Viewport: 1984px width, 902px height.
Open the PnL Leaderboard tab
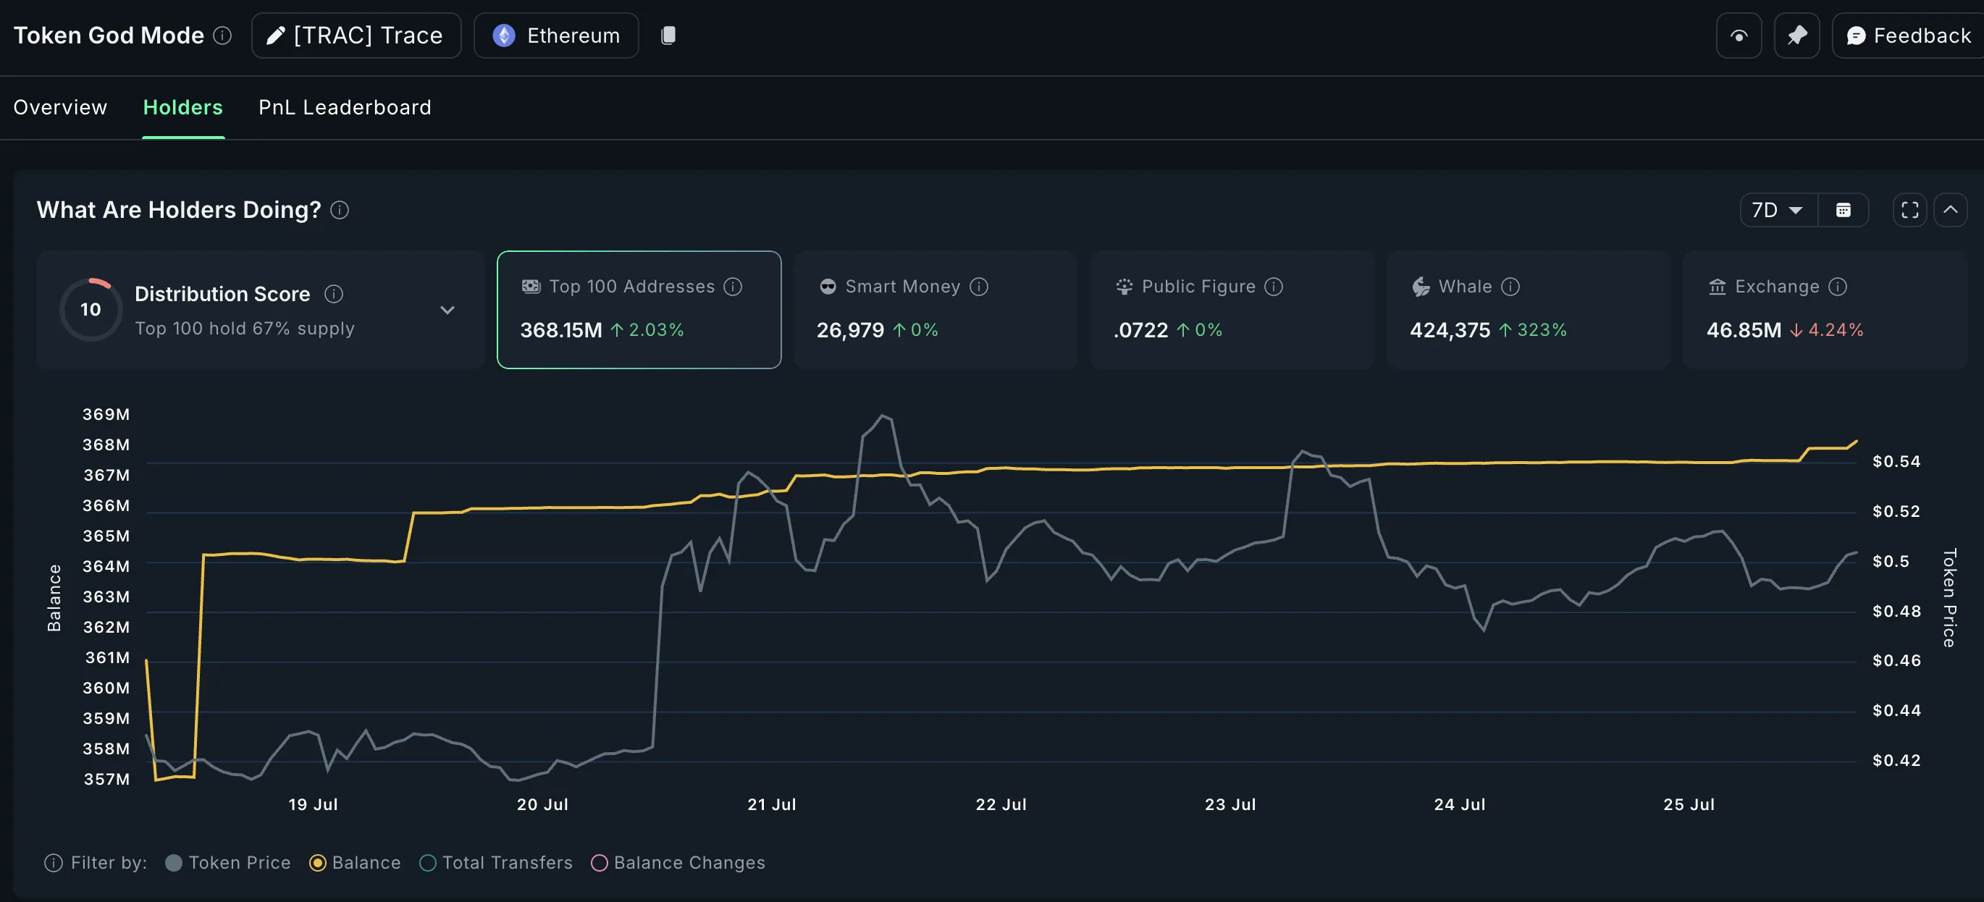[x=344, y=107]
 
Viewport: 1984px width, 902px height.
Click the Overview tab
[x=60, y=107]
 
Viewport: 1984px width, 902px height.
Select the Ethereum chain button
[x=556, y=35]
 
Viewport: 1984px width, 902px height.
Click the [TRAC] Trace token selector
[x=356, y=35]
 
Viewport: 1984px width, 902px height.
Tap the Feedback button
[x=1909, y=35]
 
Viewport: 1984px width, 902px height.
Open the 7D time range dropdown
[x=1777, y=210]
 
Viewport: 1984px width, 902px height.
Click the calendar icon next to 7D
[x=1843, y=210]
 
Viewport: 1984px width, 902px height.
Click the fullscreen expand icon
[x=1909, y=210]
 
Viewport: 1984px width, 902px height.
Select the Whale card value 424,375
[x=1450, y=330]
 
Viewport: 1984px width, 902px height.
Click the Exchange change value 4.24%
[x=1836, y=330]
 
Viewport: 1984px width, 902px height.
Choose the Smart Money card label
[x=902, y=287]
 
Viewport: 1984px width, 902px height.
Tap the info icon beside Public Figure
[x=1274, y=287]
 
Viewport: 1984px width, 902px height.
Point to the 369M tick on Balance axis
[x=106, y=414]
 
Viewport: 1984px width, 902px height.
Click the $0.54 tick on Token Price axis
[x=1896, y=461]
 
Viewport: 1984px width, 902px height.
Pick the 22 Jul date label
[x=1001, y=804]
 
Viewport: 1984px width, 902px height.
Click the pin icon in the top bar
[x=1797, y=35]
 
